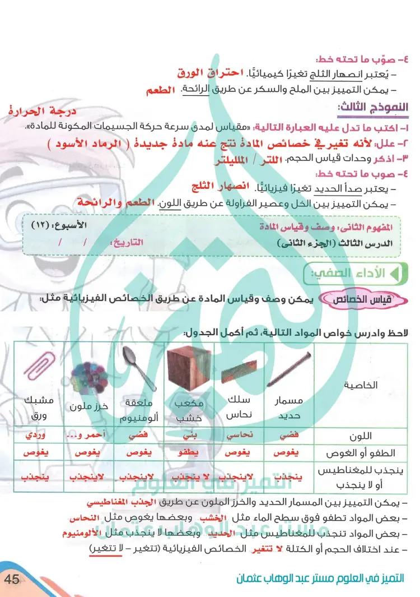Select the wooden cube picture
189,371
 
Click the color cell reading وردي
38,435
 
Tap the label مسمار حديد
288,406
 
